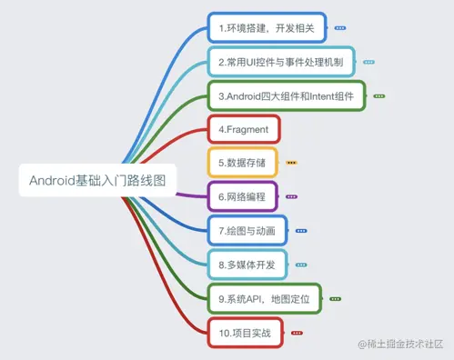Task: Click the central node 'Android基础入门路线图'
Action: (96, 180)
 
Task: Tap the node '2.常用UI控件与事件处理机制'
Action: (281, 63)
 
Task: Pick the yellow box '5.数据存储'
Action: (242, 163)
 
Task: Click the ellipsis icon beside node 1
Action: (340, 29)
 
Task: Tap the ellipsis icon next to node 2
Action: (368, 63)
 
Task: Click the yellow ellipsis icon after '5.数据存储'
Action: (291, 163)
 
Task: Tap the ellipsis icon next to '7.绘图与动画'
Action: (302, 230)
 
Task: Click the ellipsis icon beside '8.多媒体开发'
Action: (302, 265)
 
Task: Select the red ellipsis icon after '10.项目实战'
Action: (297, 333)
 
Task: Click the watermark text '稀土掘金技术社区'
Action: (406, 345)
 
